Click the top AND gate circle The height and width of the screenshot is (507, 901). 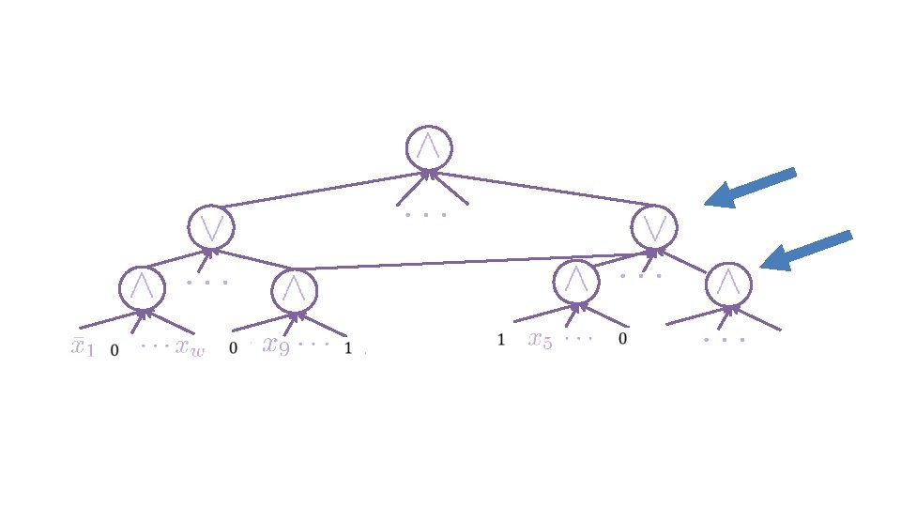coord(429,147)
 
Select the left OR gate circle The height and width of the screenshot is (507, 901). coord(210,226)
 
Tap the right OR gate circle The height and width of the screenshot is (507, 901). coord(654,226)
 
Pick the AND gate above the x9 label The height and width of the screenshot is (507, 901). coord(294,290)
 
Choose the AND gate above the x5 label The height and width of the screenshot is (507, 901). coord(575,282)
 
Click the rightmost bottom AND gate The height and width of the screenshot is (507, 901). coord(728,284)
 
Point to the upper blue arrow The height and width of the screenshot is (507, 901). coord(750,188)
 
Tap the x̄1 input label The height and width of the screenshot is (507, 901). coord(84,346)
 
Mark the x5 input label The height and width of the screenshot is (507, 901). coord(541,340)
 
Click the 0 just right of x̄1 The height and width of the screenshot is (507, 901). coord(115,351)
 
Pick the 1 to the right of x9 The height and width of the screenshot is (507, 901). coord(348,349)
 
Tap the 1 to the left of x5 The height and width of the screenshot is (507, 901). coord(501,340)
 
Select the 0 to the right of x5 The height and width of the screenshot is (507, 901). coord(621,340)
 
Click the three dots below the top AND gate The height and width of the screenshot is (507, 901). coord(426,215)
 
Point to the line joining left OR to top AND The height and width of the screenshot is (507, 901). coord(319,190)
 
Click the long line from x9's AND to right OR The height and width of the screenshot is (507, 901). coord(469,262)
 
